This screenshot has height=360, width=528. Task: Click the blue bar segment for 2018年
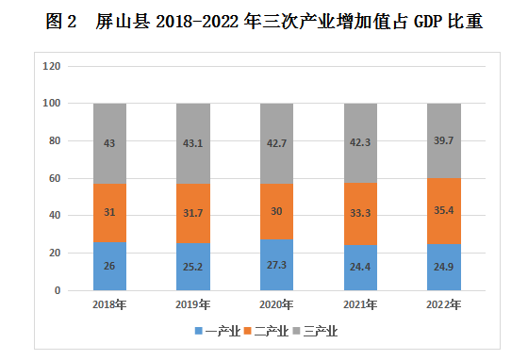click(x=109, y=266)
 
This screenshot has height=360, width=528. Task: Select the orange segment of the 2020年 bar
click(x=276, y=212)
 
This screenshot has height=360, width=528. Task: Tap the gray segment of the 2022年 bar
click(x=444, y=141)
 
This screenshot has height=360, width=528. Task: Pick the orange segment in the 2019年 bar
click(x=193, y=214)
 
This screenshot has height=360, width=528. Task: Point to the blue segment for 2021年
click(x=360, y=268)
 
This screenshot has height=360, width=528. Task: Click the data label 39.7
click(x=443, y=140)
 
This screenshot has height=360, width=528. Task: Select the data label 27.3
click(x=276, y=265)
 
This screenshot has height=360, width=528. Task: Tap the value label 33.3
click(x=360, y=213)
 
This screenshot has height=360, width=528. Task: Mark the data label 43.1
click(x=193, y=143)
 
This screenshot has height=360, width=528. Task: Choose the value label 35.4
click(x=444, y=210)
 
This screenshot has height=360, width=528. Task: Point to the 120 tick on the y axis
click(x=52, y=66)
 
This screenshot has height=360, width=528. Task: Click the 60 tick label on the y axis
click(x=55, y=178)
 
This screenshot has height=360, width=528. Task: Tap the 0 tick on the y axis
click(x=58, y=290)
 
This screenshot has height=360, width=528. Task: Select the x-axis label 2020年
click(x=276, y=304)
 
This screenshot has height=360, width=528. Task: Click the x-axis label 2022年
click(x=443, y=304)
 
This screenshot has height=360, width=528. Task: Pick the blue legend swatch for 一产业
click(x=199, y=331)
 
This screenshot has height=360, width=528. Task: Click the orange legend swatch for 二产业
click(x=248, y=331)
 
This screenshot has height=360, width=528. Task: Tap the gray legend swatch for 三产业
click(x=297, y=331)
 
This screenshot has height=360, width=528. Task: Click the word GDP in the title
click(x=428, y=22)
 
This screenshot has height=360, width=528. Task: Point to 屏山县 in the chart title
click(x=123, y=22)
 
